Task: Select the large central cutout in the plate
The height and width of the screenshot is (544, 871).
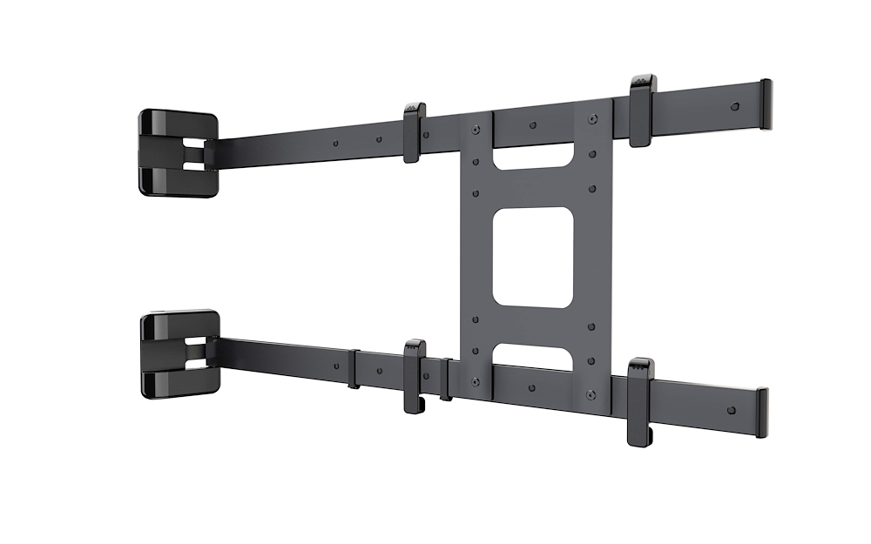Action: [x=533, y=259]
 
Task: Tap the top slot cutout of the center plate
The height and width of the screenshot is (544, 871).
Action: [x=534, y=159]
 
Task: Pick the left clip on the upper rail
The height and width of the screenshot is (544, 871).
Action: [x=415, y=133]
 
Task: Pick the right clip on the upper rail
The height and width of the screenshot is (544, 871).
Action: [x=642, y=111]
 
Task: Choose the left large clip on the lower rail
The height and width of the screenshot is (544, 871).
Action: [x=415, y=375]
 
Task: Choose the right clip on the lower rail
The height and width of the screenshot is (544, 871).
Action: [x=641, y=400]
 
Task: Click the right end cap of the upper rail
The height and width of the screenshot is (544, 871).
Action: [x=766, y=104]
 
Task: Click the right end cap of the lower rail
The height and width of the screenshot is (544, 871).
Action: [x=762, y=413]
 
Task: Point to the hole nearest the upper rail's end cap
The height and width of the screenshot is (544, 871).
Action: [x=734, y=106]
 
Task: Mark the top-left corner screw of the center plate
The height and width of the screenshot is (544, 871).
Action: [x=475, y=131]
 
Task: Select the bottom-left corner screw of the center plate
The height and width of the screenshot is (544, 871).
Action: [x=475, y=381]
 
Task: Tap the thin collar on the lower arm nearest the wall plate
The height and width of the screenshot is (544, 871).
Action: [x=354, y=369]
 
